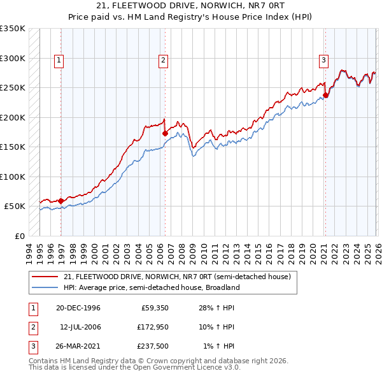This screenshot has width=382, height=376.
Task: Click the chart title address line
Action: pos(191,6)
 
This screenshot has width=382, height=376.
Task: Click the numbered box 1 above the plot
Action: pos(59,61)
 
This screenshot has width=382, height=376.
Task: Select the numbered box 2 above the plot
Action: pos(163,61)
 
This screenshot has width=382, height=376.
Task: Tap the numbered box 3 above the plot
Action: pos(323,61)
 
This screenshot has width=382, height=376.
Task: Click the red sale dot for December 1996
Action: pos(61,201)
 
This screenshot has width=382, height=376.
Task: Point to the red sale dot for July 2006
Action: pos(165,134)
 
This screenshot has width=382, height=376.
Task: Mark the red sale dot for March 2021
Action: pos(325,96)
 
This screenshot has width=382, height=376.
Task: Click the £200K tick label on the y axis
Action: pos(13,118)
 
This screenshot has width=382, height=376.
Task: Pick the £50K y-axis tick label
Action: pos(15,206)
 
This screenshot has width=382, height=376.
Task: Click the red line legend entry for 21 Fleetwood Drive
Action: pos(177,277)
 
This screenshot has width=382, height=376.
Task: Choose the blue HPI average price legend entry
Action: pos(151,287)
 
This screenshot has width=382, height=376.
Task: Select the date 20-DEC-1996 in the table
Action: pos(78,308)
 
